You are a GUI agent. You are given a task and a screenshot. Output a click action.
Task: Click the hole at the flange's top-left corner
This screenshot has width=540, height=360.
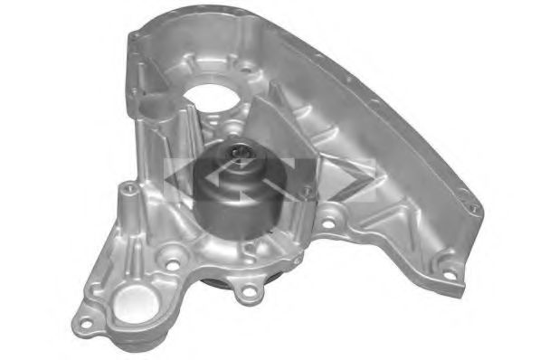coord(136,37)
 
